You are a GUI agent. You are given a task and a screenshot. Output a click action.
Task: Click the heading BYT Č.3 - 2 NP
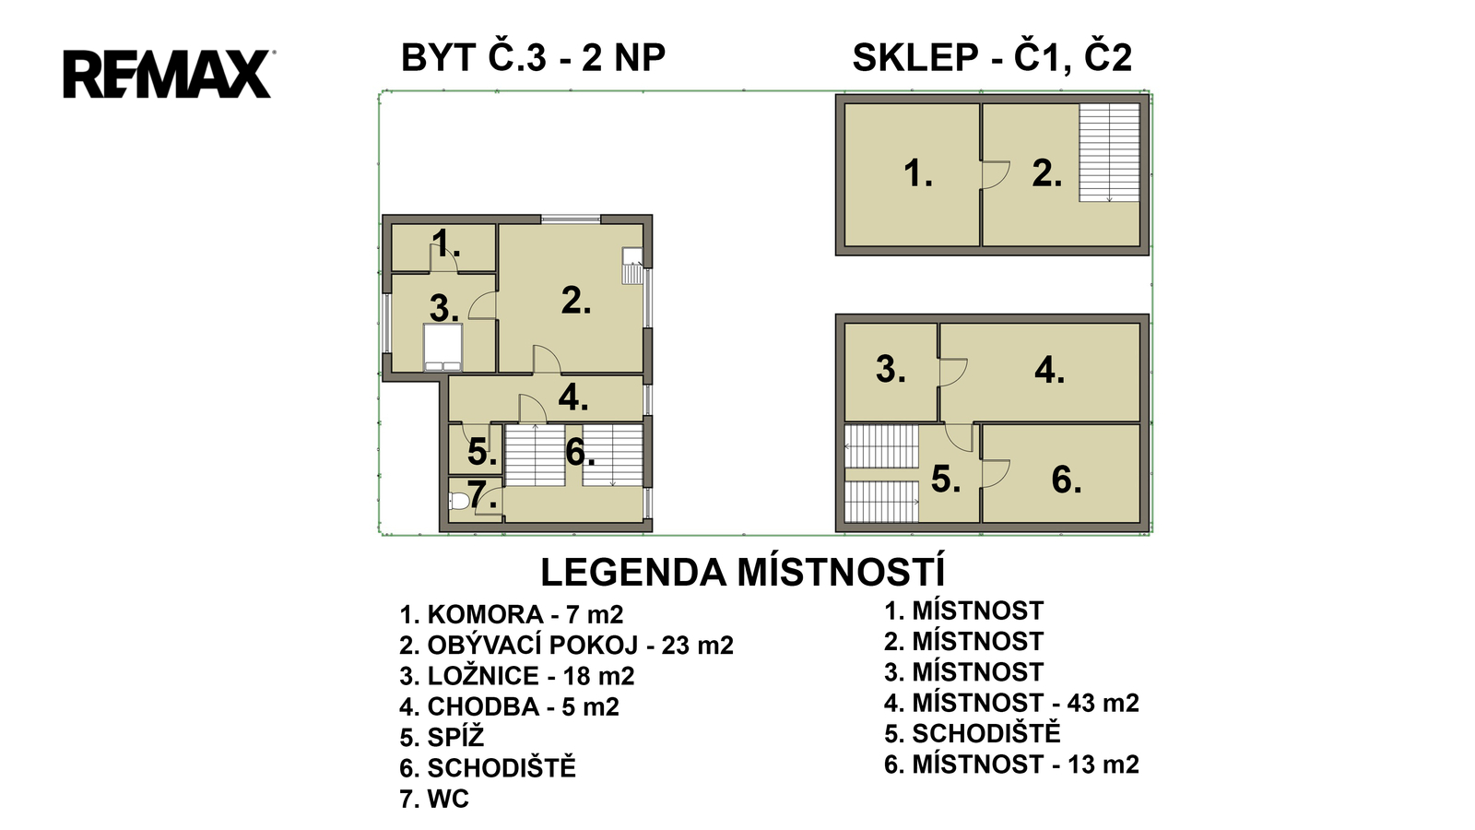pyautogui.click(x=534, y=57)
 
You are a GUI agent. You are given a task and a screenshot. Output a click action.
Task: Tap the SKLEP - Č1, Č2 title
pyautogui.click(x=992, y=57)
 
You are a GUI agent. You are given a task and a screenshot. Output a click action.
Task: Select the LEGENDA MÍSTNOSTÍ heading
pyautogui.click(x=743, y=572)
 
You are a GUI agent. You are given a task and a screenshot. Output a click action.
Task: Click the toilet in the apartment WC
pyautogui.click(x=458, y=502)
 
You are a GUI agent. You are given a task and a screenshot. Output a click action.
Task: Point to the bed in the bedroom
pyautogui.click(x=442, y=347)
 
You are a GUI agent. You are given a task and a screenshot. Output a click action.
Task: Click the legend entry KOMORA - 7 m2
pyautogui.click(x=511, y=614)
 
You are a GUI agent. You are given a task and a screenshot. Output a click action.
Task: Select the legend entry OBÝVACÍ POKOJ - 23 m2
pyautogui.click(x=566, y=646)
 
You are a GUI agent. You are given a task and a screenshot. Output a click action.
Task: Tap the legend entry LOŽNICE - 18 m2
pyautogui.click(x=517, y=676)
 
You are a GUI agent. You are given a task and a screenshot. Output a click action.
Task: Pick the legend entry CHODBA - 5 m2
pyautogui.click(x=509, y=706)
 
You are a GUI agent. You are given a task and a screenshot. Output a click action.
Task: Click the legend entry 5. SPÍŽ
pyautogui.click(x=442, y=737)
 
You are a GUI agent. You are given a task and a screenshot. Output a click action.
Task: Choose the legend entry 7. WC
pyautogui.click(x=434, y=799)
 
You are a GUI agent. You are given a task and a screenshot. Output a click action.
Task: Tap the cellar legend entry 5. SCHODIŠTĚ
pyautogui.click(x=973, y=733)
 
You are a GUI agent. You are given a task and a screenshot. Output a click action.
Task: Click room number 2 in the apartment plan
pyautogui.click(x=575, y=301)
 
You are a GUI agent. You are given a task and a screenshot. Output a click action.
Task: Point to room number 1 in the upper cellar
pyautogui.click(x=918, y=174)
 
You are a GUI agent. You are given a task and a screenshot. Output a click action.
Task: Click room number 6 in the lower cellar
pyautogui.click(x=1067, y=480)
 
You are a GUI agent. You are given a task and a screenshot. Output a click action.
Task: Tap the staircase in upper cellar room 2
pyautogui.click(x=1110, y=152)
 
